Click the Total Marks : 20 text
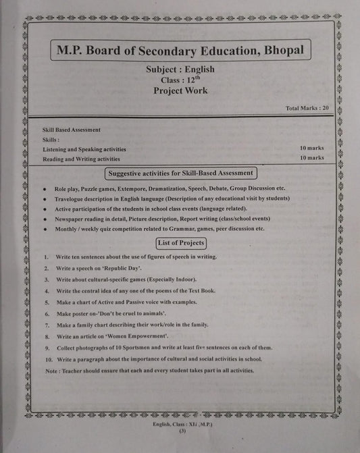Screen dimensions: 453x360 pyautogui.click(x=307, y=108)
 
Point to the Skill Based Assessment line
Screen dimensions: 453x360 pyautogui.click(x=72, y=130)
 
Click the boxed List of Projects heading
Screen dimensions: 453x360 pyautogui.click(x=180, y=242)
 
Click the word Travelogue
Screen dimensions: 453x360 pyautogui.click(x=72, y=198)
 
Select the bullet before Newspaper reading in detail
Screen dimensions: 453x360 pyautogui.click(x=44, y=219)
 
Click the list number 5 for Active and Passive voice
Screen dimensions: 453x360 pyautogui.click(x=45, y=302)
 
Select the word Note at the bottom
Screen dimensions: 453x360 pyautogui.click(x=51, y=371)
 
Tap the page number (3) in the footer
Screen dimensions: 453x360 pyautogui.click(x=182, y=439)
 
